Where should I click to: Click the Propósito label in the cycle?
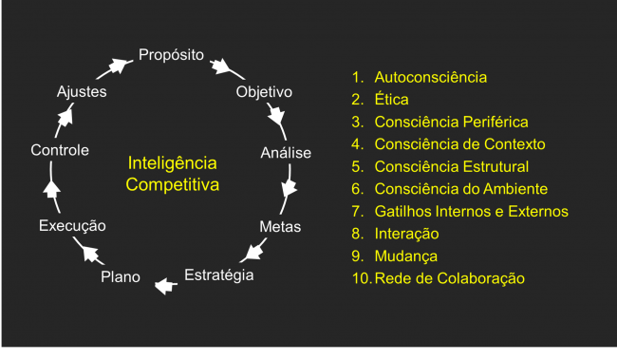point(171,55)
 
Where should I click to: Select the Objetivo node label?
point(263,92)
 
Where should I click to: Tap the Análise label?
point(286,152)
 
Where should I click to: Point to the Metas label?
point(280,227)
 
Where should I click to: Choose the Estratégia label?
point(219,275)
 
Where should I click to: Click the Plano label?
point(121,277)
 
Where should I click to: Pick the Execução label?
point(72,226)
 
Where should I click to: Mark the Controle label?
point(60,150)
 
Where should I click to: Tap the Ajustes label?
point(82,92)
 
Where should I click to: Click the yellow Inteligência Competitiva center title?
point(173,174)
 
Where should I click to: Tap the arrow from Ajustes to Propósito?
point(118,67)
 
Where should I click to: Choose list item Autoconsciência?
point(431,77)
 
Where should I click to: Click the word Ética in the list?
point(390,99)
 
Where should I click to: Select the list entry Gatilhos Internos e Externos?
point(471,211)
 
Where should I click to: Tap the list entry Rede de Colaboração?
point(449,278)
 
